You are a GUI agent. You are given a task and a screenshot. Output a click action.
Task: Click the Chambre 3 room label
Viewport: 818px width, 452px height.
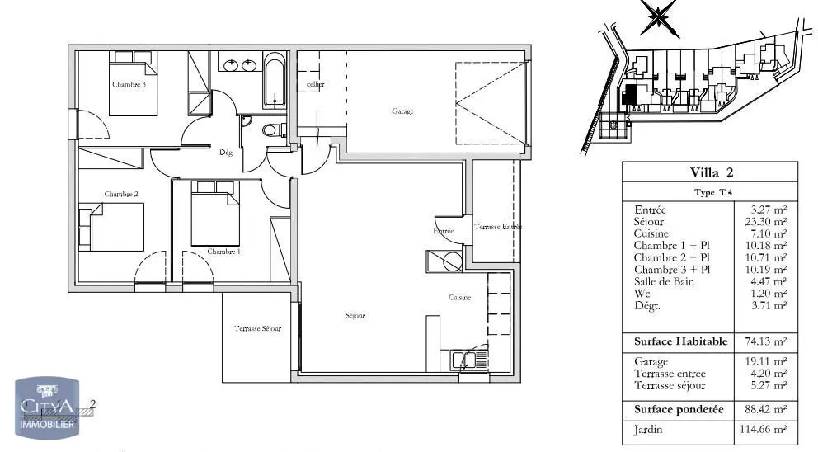coord(129,84)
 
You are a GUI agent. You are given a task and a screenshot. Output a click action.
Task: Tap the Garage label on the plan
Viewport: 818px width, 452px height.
coord(402,111)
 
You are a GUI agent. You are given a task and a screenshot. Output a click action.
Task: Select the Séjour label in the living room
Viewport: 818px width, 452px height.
coord(355,316)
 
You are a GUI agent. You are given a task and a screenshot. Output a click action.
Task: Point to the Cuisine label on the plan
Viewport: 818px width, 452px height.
coord(459,298)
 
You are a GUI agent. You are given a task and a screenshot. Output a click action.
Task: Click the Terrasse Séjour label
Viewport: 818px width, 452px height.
coord(257,328)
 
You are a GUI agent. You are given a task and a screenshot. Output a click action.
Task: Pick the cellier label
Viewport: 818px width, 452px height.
coord(315,85)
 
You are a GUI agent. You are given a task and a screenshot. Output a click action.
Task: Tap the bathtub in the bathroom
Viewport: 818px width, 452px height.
coord(275,81)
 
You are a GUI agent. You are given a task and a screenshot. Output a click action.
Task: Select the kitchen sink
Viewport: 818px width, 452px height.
coord(469,360)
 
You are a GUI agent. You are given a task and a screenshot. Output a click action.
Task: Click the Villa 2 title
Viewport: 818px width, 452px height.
coord(711,172)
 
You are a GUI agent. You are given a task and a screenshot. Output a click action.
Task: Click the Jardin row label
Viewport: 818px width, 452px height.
coord(649,429)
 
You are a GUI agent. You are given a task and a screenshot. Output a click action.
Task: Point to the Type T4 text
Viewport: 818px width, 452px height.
coord(711,192)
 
